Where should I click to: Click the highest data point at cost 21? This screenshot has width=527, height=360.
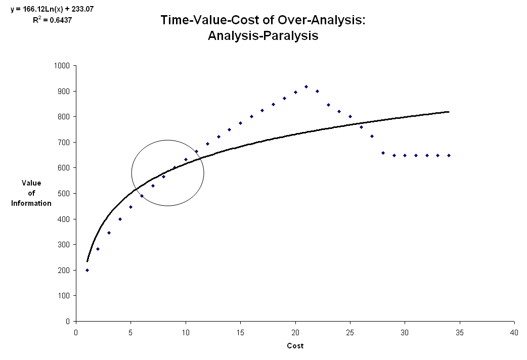pyautogui.click(x=306, y=86)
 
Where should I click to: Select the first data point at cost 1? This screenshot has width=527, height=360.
pyautogui.click(x=87, y=270)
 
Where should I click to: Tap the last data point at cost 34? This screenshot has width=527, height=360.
pyautogui.click(x=449, y=155)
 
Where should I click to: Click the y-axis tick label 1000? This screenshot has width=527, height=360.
pyautogui.click(x=63, y=66)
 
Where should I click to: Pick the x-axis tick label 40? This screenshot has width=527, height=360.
pyautogui.click(x=514, y=333)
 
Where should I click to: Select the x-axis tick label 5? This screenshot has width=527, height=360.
pyautogui.click(x=130, y=333)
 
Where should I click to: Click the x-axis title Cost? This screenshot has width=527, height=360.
pyautogui.click(x=295, y=346)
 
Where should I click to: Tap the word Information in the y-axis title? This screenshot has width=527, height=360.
pyautogui.click(x=32, y=203)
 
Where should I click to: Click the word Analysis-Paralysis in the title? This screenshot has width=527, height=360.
pyautogui.click(x=263, y=36)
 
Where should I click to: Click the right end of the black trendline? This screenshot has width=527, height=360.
pyautogui.click(x=449, y=112)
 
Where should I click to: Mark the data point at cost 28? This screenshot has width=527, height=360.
pyautogui.click(x=383, y=153)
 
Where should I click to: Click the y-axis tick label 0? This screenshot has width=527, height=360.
pyautogui.click(x=69, y=321)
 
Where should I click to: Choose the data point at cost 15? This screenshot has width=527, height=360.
pyautogui.click(x=240, y=123)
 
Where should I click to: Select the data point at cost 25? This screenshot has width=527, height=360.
pyautogui.click(x=350, y=116)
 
